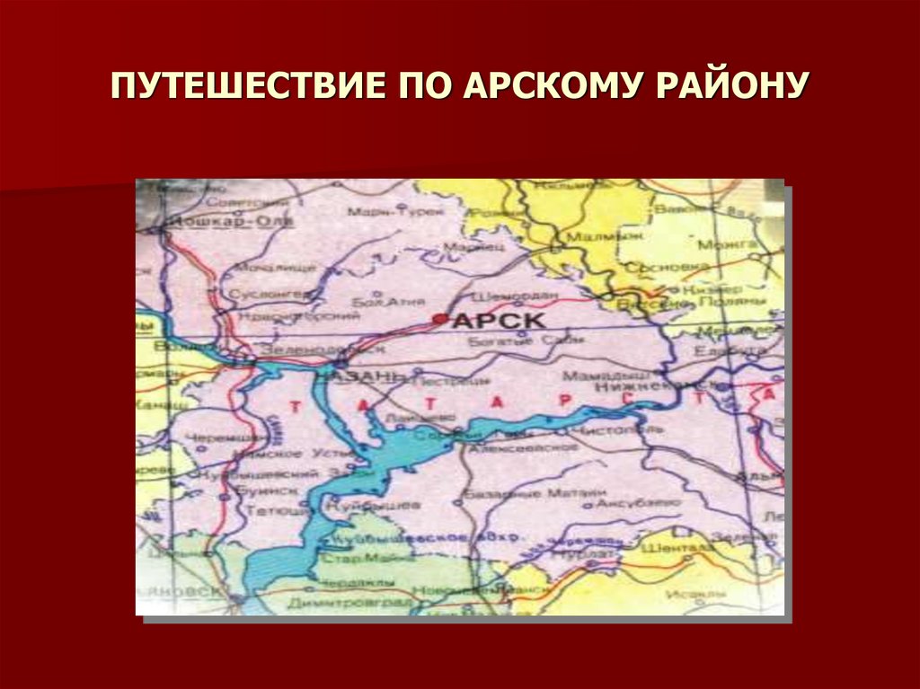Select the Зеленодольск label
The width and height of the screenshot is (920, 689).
tap(300, 349)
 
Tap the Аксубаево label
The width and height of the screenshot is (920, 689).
tap(643, 503)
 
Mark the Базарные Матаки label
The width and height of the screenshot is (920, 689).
tap(535, 493)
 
